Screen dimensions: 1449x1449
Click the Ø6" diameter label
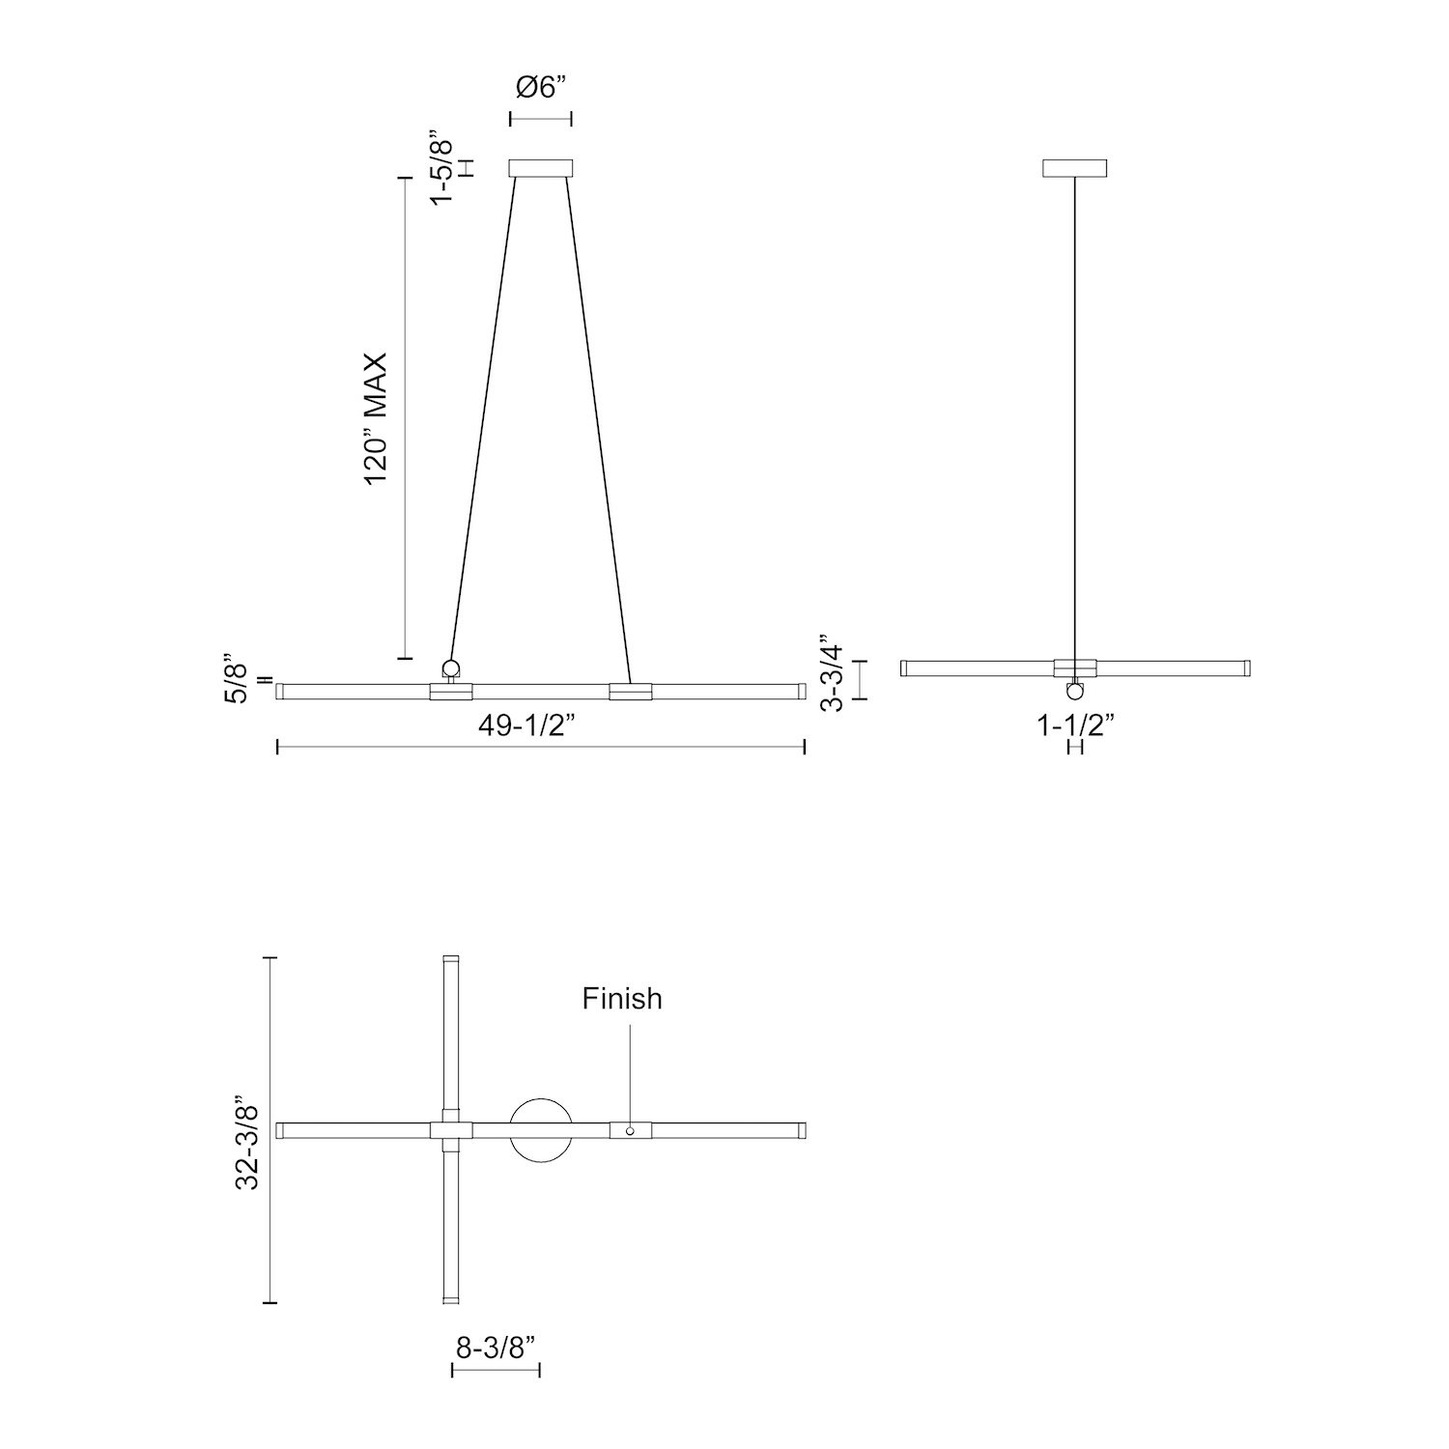pos(540,88)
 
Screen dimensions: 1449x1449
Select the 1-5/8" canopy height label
pos(441,166)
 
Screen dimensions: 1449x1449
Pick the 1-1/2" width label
pos(1076,724)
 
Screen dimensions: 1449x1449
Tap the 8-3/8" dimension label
pos(496,1347)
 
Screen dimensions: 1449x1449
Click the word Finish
pos(622,998)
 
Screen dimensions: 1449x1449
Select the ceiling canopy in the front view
pos(541,168)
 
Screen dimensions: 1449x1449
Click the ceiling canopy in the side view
pos(1075,168)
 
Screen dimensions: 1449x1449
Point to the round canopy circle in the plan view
pos(541,1130)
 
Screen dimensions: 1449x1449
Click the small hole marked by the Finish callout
pos(630,1130)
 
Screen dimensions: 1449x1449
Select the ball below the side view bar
pos(1075,690)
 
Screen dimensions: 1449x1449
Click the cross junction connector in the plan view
pos(450,1130)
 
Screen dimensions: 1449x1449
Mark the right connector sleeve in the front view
pos(630,691)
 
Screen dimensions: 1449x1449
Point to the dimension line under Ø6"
pos(541,119)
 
